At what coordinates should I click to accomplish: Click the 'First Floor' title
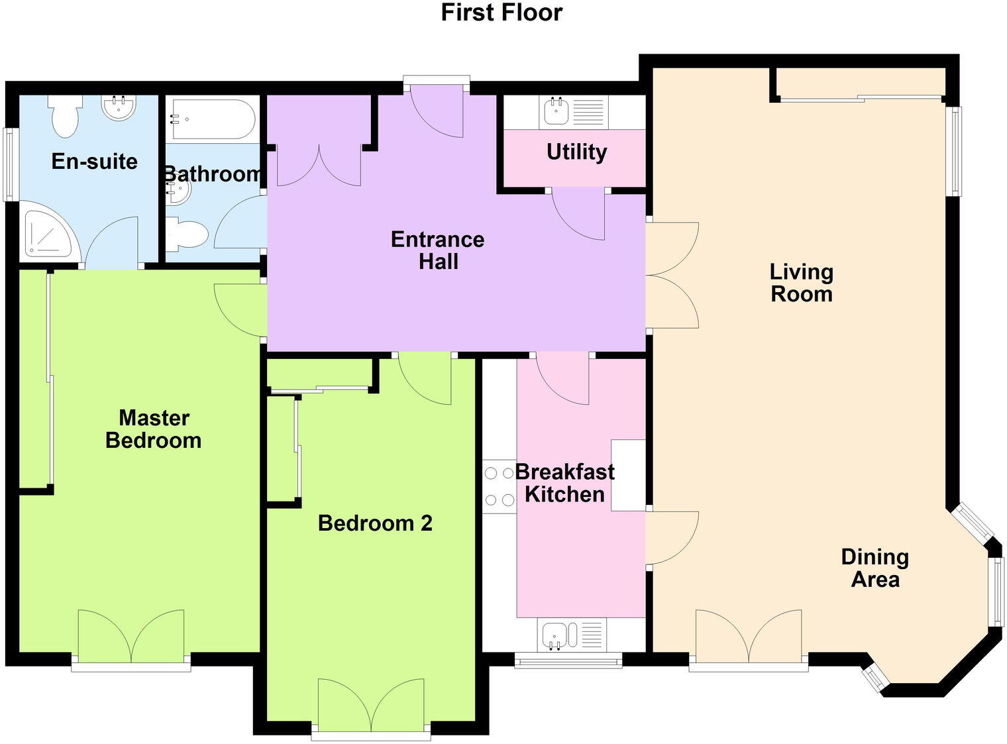[x=502, y=13]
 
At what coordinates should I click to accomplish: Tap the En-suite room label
[x=94, y=162]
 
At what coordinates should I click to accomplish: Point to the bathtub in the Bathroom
[x=210, y=119]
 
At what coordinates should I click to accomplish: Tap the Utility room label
[x=576, y=152]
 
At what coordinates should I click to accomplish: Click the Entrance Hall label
[x=437, y=250]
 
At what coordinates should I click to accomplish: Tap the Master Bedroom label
[x=153, y=429]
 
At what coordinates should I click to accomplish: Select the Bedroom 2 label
[x=375, y=523]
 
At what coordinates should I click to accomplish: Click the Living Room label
[x=801, y=283]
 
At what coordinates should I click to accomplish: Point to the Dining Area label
[x=874, y=568]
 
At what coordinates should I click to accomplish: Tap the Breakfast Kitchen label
[x=564, y=483]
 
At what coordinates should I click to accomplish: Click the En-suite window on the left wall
[x=9, y=164]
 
